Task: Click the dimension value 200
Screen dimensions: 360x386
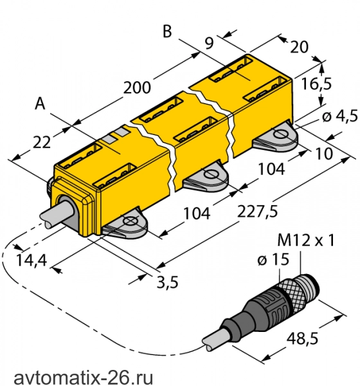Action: [137, 88]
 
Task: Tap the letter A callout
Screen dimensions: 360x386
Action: [40, 104]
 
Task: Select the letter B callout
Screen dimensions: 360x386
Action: [167, 32]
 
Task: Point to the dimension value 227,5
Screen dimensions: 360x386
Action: [257, 211]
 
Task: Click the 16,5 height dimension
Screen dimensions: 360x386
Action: [316, 84]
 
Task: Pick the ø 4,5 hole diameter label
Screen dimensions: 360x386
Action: [340, 116]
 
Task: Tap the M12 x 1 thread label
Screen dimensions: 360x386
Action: [306, 240]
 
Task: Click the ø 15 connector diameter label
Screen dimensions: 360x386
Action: [273, 259]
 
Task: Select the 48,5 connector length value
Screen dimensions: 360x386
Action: [302, 338]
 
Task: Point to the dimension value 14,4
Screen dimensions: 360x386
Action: [32, 260]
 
